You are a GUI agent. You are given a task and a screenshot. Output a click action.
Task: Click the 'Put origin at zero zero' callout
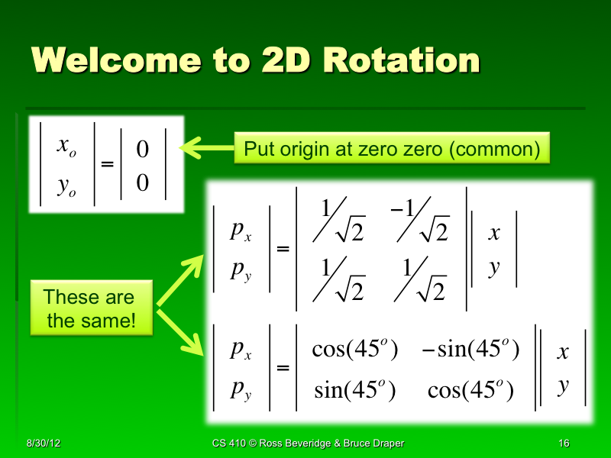[x=392, y=149]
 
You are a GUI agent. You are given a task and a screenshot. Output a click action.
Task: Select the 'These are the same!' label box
[x=89, y=308]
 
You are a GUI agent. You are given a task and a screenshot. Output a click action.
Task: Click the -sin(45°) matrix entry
[x=470, y=350]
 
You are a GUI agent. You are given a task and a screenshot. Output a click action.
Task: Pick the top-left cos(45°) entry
[x=355, y=350]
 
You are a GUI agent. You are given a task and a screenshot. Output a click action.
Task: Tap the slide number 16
[x=564, y=443]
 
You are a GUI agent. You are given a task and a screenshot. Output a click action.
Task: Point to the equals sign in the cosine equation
[x=283, y=369]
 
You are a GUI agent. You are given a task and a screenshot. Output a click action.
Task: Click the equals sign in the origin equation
[x=107, y=165]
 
